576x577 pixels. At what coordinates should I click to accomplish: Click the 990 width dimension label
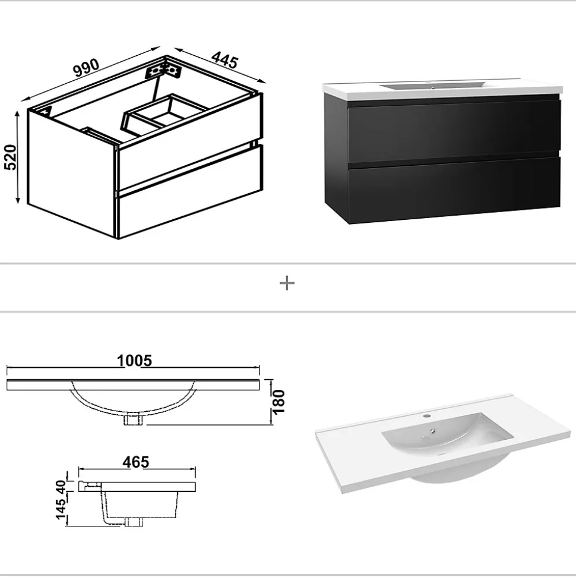86,67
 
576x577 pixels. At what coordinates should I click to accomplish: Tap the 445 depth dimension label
224,60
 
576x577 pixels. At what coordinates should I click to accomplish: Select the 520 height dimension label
11,157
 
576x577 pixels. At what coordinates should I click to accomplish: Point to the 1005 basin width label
134,361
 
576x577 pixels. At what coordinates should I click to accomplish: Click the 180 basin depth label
279,402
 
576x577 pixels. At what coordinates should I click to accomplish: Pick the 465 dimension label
136,462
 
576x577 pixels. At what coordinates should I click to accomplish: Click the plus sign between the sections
287,283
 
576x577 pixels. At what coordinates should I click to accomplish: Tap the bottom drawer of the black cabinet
454,191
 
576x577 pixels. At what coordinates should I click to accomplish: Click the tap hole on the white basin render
427,416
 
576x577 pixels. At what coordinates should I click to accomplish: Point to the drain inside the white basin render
435,431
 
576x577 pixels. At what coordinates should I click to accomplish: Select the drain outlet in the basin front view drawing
134,419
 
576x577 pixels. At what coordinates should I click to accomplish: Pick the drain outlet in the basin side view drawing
134,522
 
